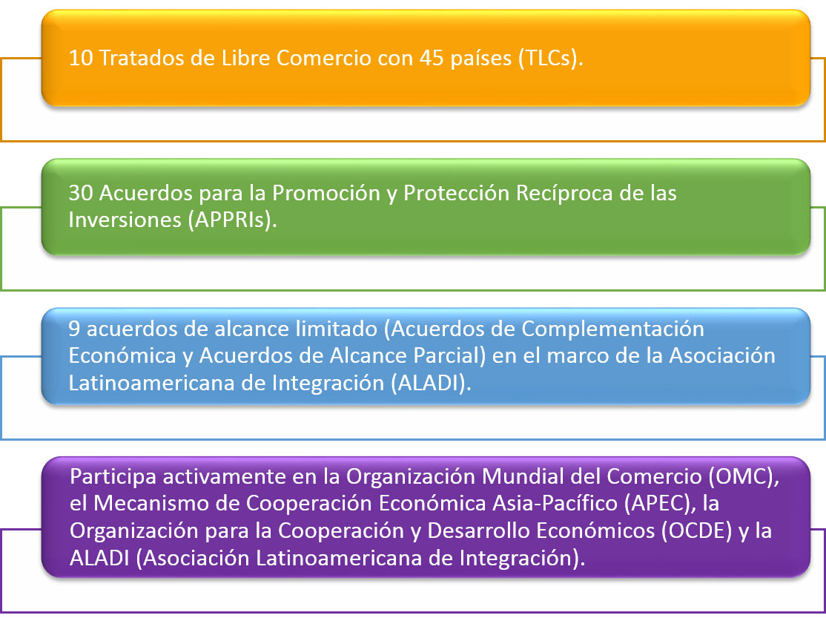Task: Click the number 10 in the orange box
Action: click(x=81, y=58)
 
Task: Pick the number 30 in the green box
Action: click(x=81, y=193)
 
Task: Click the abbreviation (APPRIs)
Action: click(x=232, y=220)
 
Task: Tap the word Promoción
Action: click(x=326, y=193)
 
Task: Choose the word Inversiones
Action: click(x=125, y=220)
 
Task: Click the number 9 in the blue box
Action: click(x=74, y=329)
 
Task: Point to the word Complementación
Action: click(x=612, y=329)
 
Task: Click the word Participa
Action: click(x=113, y=477)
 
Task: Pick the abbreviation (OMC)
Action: click(x=744, y=477)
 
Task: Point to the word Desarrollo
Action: click(x=476, y=531)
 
